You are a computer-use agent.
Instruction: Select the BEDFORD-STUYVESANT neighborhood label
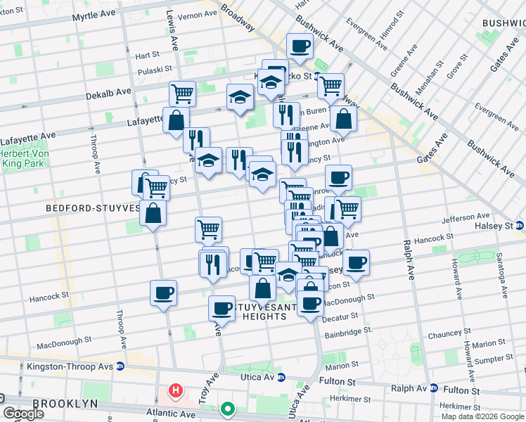(x=91, y=208)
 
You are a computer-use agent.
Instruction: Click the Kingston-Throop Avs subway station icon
(x=120, y=366)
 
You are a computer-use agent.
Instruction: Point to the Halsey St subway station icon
(x=519, y=225)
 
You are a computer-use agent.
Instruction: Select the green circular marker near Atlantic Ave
(x=228, y=409)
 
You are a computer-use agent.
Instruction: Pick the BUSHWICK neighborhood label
(x=503, y=23)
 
